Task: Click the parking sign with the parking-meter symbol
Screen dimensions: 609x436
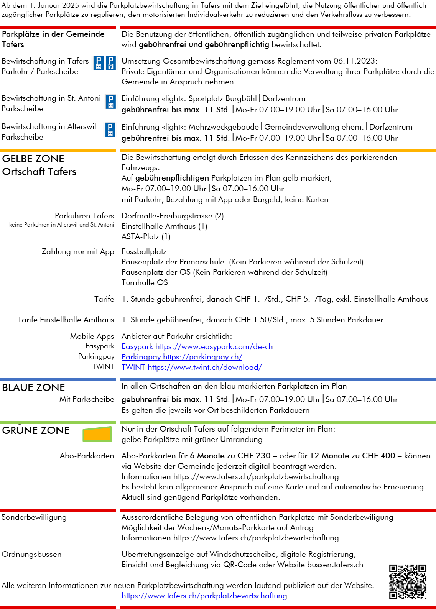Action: [x=111, y=63]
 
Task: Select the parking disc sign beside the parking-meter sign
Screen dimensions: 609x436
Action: [x=98, y=63]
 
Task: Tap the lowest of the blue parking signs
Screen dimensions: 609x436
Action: [x=110, y=130]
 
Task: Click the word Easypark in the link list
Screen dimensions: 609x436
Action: [x=137, y=346]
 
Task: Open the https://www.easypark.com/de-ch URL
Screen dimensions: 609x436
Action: [x=214, y=346]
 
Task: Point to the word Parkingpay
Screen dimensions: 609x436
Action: [x=141, y=357]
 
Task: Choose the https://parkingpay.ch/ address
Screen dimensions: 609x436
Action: [x=203, y=357]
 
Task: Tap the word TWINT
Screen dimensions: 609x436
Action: [x=133, y=367]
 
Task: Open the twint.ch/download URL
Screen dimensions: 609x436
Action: [x=205, y=367]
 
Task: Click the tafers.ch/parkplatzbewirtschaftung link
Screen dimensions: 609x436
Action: [x=204, y=596]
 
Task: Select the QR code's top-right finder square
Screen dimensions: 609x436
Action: [x=422, y=568]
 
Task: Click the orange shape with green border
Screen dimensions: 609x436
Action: [x=97, y=435]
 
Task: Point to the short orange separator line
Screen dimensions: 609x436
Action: [x=58, y=151]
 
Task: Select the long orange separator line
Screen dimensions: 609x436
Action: [x=278, y=151]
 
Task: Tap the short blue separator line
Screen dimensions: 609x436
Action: [x=58, y=379]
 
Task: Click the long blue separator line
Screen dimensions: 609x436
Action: [x=278, y=379]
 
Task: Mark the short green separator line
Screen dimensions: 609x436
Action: [x=58, y=422]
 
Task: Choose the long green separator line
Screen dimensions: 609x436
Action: [x=278, y=422]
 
